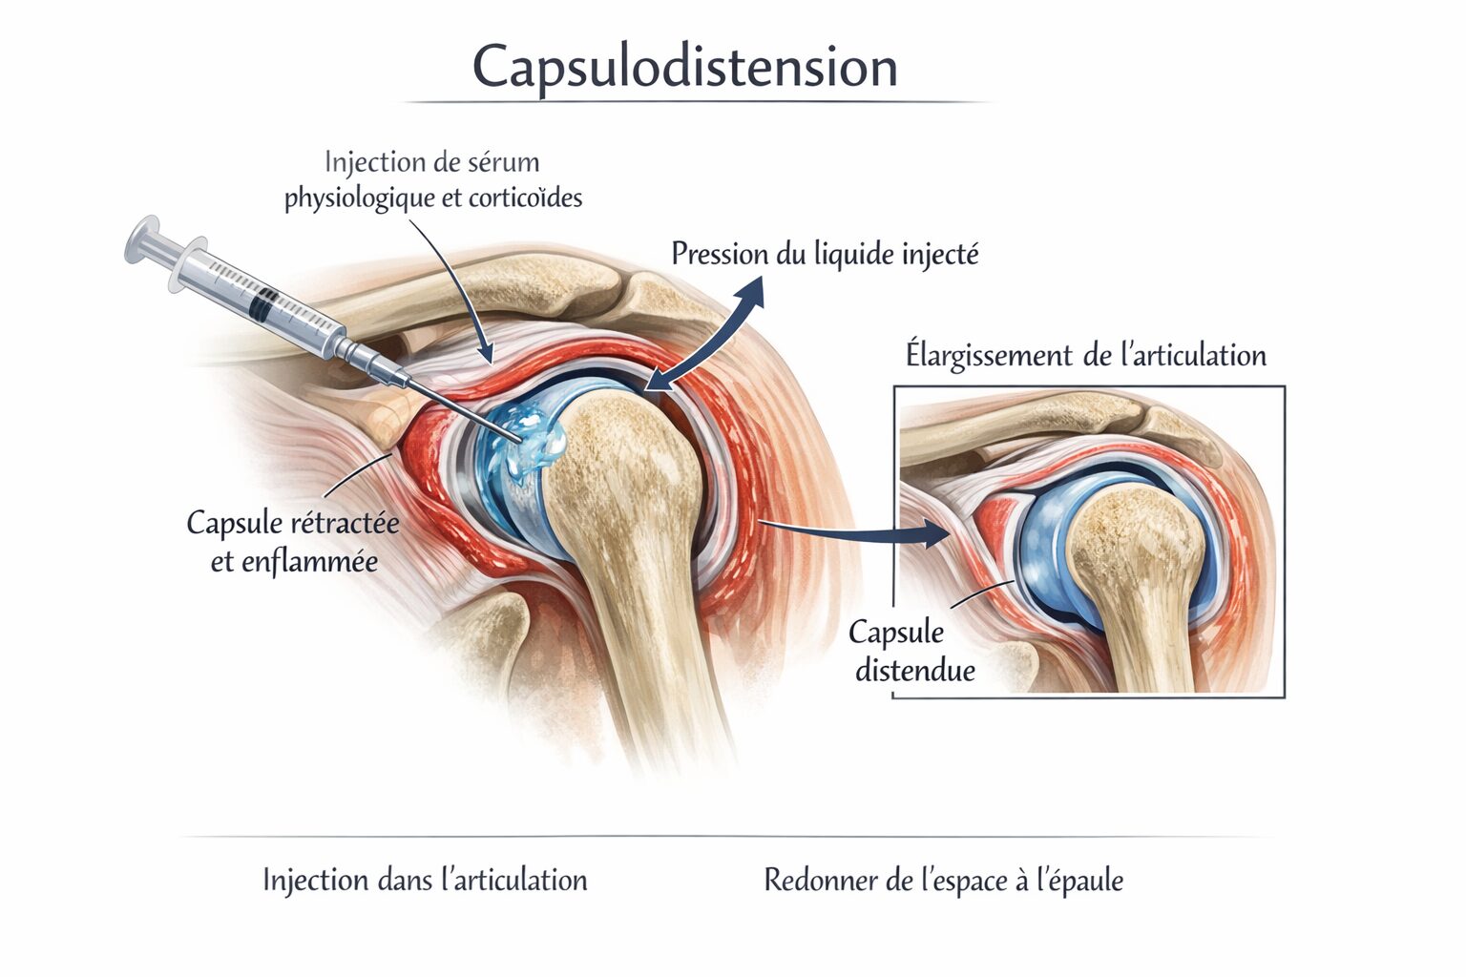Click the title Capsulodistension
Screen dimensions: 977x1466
click(x=684, y=67)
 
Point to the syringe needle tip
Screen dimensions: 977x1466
click(x=520, y=438)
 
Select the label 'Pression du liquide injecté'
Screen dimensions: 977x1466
click(x=825, y=255)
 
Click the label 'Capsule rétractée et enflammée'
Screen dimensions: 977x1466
click(x=293, y=542)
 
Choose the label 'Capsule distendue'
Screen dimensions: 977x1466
click(x=912, y=651)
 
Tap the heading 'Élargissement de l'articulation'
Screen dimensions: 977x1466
click(x=1085, y=356)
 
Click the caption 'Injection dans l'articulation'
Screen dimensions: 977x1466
click(x=425, y=880)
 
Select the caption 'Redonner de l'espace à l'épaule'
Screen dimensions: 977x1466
click(x=943, y=880)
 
